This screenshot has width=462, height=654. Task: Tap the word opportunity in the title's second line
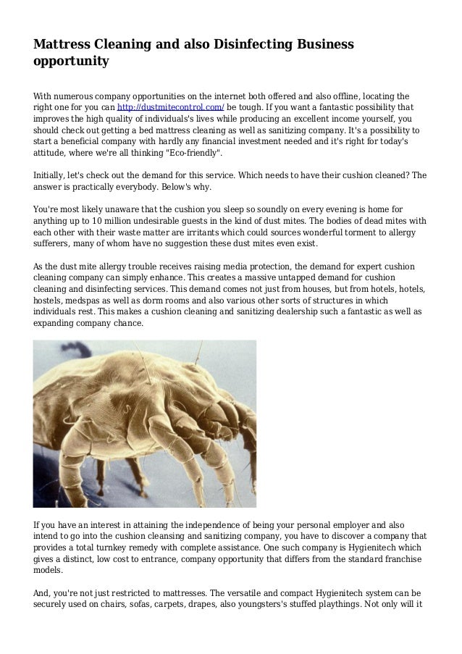[71, 62]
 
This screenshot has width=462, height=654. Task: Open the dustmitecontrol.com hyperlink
[171, 107]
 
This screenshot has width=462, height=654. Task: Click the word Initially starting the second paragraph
[54, 175]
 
